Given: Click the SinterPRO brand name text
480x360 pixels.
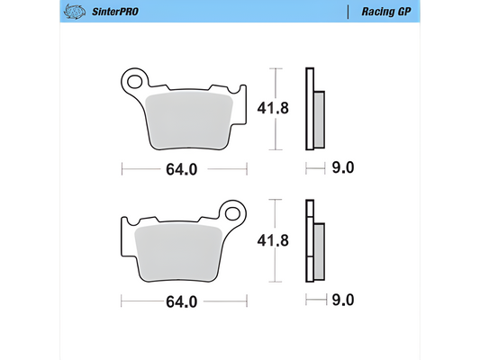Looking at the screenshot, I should (114, 12).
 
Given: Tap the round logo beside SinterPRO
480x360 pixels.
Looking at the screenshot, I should (74, 12).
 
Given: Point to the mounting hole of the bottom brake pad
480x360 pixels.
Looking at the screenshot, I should (236, 214).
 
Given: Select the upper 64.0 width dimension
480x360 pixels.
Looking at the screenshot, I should (180, 167).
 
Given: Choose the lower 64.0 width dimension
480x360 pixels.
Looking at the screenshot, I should (180, 301).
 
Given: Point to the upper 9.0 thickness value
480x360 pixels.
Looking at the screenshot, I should (344, 167).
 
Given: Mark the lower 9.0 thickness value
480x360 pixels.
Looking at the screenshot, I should (344, 301).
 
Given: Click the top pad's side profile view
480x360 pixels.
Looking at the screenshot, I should (313, 109).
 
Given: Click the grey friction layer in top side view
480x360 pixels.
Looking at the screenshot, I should (319, 119).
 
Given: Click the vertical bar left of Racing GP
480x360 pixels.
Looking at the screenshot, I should (348, 12).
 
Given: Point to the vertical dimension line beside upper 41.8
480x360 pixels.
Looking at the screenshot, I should (278, 109).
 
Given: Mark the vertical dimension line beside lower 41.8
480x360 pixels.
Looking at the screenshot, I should (278, 242).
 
